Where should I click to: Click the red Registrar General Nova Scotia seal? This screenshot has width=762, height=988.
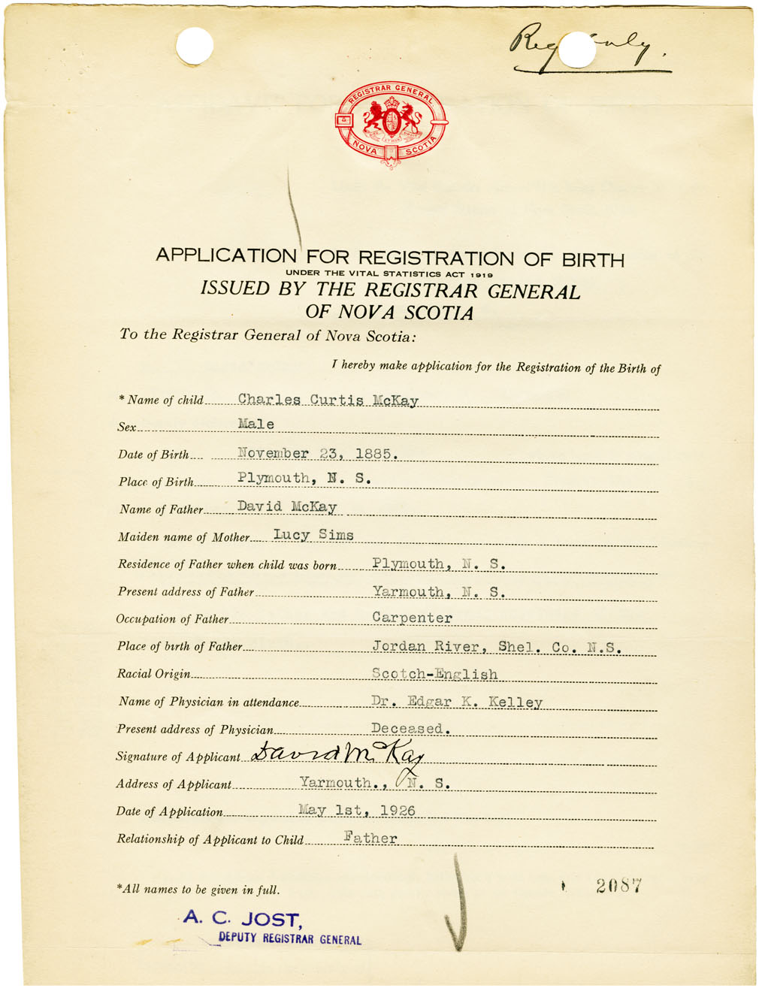pos(391,124)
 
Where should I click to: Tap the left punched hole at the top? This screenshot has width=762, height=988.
pos(195,45)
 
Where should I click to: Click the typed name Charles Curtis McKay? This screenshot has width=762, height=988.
pos(328,400)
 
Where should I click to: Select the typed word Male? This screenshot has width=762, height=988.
pos(256,425)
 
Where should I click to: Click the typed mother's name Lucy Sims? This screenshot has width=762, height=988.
pos(313,535)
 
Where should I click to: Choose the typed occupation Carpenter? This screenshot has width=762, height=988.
pos(412,618)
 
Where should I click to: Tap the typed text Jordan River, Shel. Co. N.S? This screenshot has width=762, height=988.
pos(496,646)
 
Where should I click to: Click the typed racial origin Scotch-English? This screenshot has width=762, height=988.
pos(434,674)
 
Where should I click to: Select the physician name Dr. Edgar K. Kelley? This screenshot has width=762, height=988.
pos(456,702)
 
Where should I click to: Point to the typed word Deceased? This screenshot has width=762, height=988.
pos(410,728)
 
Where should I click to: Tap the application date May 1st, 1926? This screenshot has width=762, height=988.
pos(357,810)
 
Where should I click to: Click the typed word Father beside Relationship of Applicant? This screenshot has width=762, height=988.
pos(370,838)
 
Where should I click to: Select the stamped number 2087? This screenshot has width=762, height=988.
pos(618,886)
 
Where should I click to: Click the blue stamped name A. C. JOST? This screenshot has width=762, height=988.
pos(242,918)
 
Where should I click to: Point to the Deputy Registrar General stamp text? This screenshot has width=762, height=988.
pos(289,939)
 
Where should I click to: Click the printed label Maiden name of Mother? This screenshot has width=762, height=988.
pos(183,537)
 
